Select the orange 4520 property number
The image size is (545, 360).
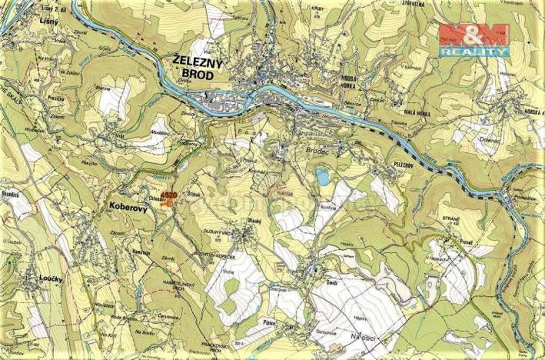170,195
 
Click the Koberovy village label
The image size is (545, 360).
123,208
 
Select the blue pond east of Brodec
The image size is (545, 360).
323,178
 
